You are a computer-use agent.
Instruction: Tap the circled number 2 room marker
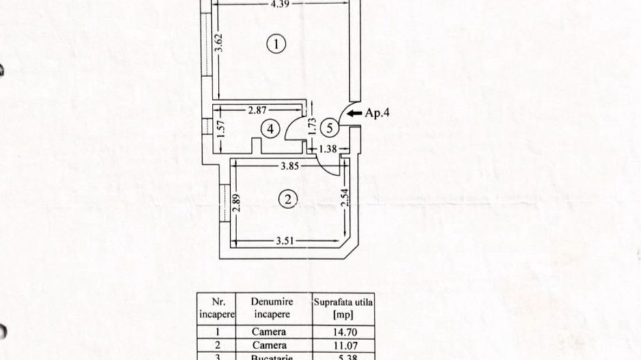[289, 199]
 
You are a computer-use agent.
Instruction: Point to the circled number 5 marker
[329, 126]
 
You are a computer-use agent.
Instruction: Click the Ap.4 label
[378, 114]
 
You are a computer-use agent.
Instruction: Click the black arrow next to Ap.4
[354, 114]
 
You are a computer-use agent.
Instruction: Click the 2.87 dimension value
[258, 110]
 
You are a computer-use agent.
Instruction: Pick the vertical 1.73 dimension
[312, 128]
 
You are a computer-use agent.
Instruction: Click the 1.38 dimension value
[329, 148]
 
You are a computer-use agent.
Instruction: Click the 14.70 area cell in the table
[343, 333]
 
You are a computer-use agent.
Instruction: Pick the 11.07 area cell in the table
[343, 346]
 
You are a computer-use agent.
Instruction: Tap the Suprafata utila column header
[343, 307]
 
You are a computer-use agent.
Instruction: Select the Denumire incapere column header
[272, 307]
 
